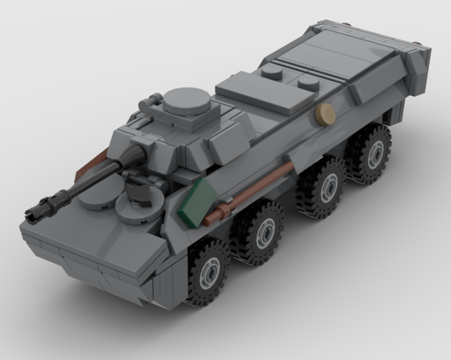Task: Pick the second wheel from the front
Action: point(261,232)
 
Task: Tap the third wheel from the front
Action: point(324,187)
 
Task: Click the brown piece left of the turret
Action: point(91,165)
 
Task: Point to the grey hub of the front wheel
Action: point(210,272)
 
